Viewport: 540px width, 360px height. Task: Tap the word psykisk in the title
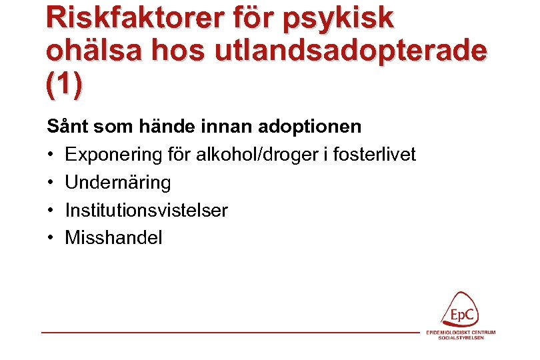[339, 19]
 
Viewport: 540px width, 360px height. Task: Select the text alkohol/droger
[245, 155]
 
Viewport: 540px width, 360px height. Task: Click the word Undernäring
[117, 183]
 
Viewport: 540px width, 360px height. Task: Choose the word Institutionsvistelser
[146, 211]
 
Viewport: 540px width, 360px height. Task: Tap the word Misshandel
[113, 238]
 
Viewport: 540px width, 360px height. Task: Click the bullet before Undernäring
[51, 183]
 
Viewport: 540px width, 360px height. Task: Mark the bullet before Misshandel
[51, 238]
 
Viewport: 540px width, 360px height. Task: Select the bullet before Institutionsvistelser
[51, 211]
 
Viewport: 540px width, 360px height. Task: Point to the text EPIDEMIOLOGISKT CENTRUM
[461, 332]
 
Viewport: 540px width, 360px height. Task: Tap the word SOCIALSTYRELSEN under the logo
[461, 338]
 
